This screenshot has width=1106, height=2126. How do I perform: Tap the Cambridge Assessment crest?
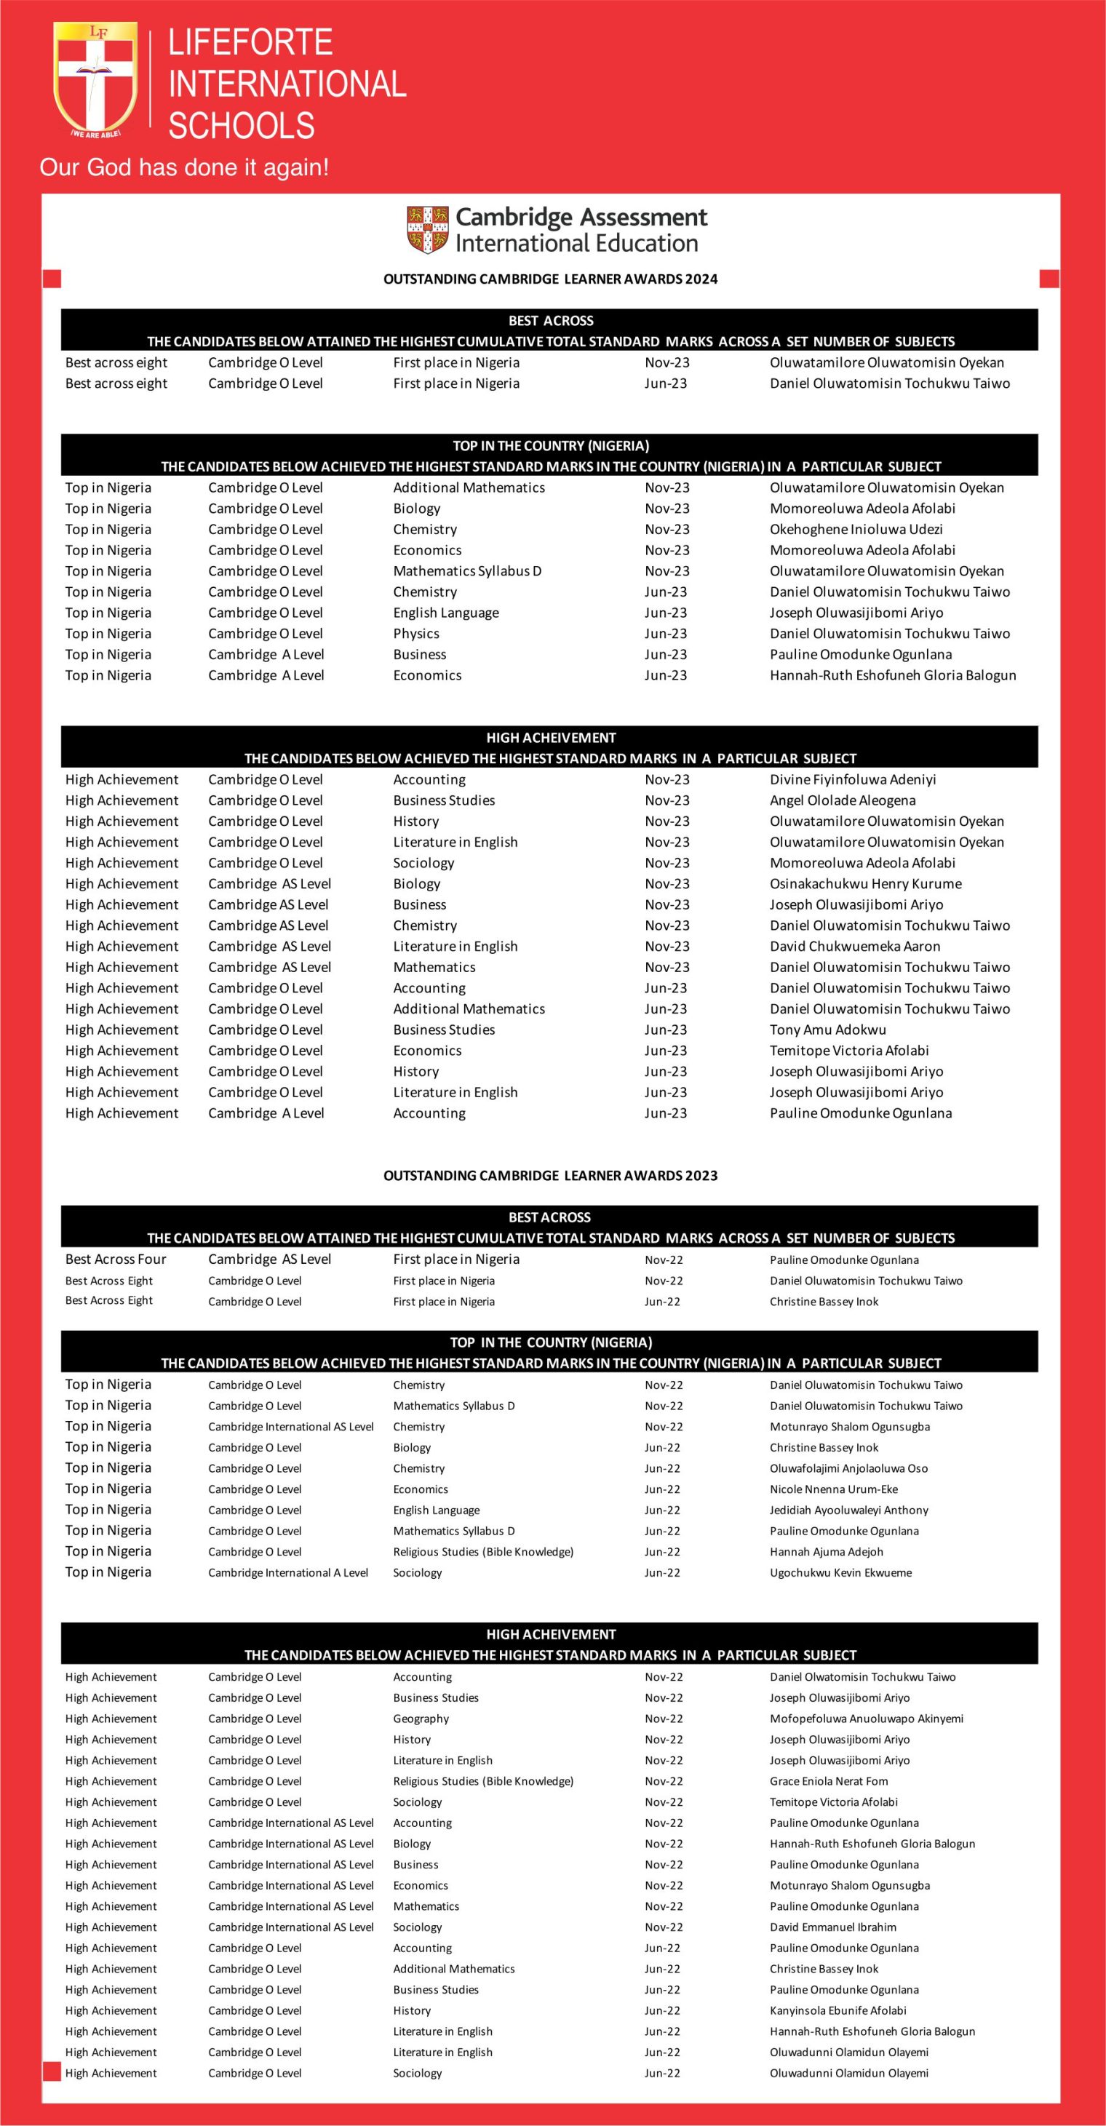(x=426, y=229)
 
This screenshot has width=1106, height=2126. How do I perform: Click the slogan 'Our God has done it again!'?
(x=184, y=167)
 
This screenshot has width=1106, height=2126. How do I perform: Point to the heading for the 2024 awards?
(x=551, y=279)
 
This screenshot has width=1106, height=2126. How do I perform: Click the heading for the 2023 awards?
(x=551, y=1175)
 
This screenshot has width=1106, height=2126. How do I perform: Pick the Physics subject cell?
(x=416, y=633)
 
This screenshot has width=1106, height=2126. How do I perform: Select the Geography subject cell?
(x=421, y=1719)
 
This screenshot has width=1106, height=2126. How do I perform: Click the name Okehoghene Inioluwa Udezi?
(x=856, y=529)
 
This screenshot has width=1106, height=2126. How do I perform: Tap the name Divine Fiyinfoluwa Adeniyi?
(x=853, y=779)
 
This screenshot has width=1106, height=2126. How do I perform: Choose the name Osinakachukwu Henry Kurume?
(x=866, y=883)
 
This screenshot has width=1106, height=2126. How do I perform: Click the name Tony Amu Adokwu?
(x=828, y=1029)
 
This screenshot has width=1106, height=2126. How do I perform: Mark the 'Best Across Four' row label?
(x=116, y=1259)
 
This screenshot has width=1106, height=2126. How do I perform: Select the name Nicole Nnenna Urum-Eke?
(x=834, y=1489)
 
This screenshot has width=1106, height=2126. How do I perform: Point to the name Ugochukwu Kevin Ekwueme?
(x=840, y=1573)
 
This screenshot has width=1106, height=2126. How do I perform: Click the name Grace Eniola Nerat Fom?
(x=829, y=1781)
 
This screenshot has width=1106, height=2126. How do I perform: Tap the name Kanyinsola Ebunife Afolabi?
(x=838, y=2011)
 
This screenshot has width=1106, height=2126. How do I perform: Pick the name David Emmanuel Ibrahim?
(x=833, y=1927)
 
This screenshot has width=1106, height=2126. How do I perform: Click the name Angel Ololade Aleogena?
(x=843, y=800)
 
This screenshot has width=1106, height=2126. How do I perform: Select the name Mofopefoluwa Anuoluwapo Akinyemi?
(x=866, y=1719)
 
